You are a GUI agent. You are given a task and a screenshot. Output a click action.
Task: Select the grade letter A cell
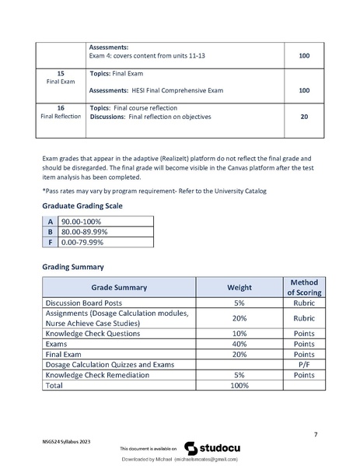point(51,221)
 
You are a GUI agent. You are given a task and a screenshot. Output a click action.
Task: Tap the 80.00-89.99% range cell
point(85,231)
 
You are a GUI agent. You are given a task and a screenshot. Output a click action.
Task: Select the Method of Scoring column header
point(299,286)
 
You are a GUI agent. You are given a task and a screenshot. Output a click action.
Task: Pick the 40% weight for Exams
point(239,343)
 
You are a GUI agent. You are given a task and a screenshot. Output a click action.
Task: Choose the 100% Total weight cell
point(239,384)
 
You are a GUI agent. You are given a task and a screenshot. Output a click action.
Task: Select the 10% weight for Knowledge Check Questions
point(239,333)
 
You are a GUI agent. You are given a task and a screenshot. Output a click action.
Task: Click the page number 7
point(314,433)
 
